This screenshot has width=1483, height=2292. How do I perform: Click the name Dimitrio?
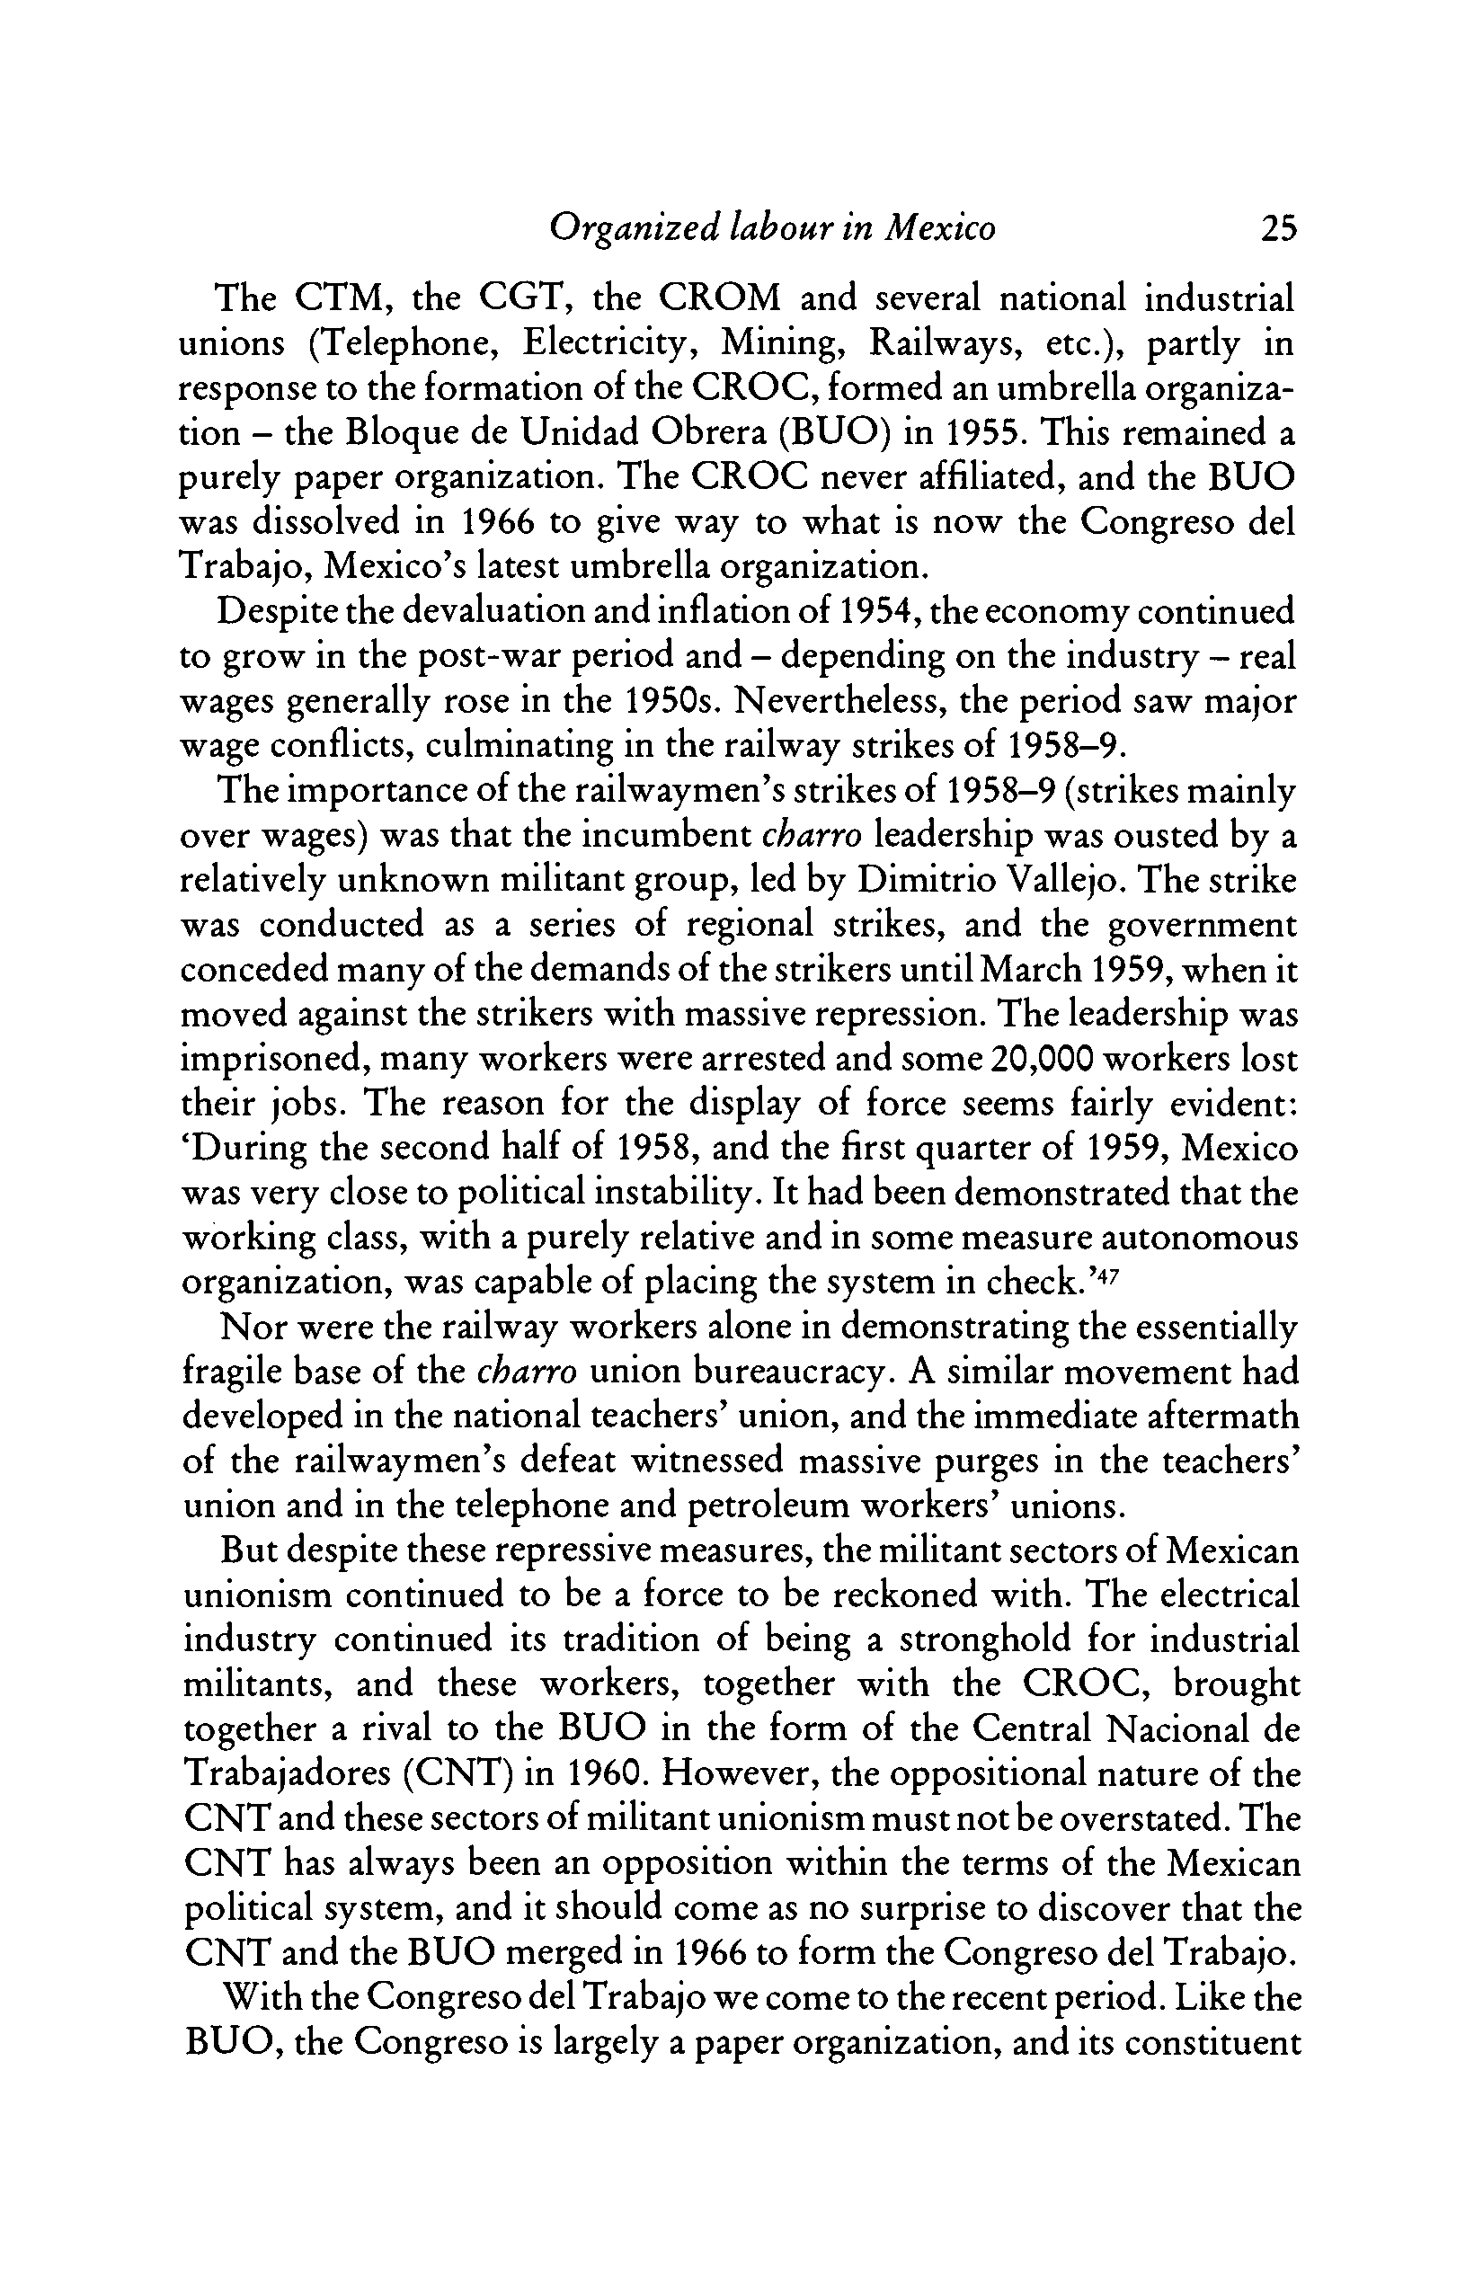925,880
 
